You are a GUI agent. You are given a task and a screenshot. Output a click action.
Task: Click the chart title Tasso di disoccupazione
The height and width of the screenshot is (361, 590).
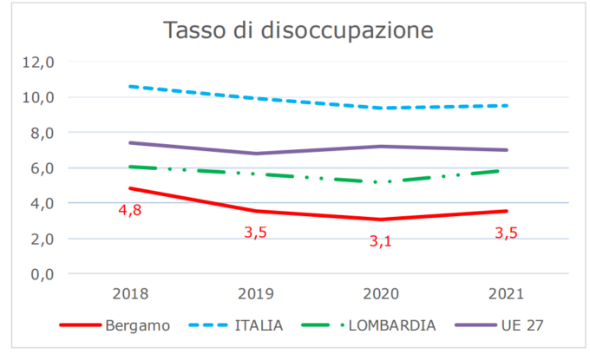tap(298, 32)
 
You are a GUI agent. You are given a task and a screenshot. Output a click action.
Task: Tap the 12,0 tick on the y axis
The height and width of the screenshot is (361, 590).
tap(39, 62)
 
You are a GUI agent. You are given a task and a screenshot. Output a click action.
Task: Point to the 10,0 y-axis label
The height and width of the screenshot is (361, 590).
tap(39, 97)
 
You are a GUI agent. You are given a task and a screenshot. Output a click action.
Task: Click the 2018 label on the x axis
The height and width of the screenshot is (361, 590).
tap(129, 293)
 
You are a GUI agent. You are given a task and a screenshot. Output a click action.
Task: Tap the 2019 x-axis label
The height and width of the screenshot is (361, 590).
tap(257, 293)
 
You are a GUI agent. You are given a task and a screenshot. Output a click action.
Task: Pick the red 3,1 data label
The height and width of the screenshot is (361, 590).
tap(380, 240)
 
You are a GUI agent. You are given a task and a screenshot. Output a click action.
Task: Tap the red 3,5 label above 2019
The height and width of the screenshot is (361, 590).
tap(256, 232)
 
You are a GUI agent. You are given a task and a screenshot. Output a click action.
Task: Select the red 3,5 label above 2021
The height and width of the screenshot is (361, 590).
tap(506, 232)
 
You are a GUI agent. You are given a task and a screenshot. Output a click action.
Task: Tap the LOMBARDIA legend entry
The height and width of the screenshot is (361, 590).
tap(394, 325)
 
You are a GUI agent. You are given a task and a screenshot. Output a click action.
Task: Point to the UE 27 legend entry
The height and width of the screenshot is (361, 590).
tap(524, 325)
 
